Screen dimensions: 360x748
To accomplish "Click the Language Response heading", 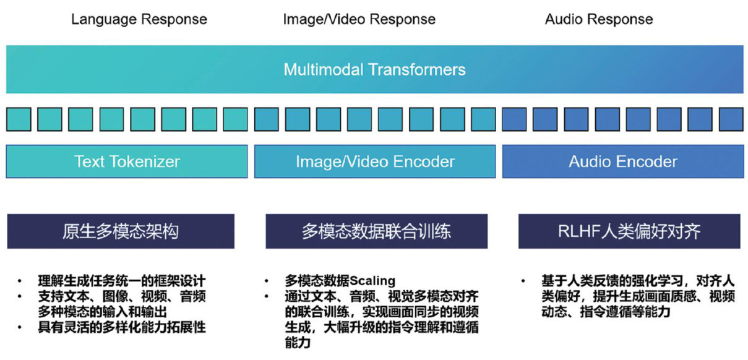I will [x=139, y=19].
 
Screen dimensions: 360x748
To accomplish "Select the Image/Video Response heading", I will [x=359, y=19].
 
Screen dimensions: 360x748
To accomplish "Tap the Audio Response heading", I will [x=598, y=19].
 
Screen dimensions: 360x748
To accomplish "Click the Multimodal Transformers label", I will [x=374, y=69].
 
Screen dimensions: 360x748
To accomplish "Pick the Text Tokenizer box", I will [x=127, y=162].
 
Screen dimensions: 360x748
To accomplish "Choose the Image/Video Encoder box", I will [x=375, y=162].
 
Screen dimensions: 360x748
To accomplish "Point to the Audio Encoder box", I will [x=623, y=162].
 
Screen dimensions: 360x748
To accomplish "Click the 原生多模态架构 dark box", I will [x=121, y=231].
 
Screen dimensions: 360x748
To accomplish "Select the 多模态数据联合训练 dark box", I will [x=376, y=231].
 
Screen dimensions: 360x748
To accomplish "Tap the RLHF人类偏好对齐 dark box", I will [x=629, y=231].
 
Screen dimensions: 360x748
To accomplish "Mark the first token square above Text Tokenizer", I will [x=19, y=119].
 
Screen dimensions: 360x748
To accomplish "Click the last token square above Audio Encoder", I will [x=731, y=119].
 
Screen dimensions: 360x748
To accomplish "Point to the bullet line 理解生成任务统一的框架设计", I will [x=121, y=281].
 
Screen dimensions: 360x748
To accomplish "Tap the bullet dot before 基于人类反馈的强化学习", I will [x=524, y=281].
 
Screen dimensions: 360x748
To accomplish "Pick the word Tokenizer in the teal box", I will [x=147, y=162].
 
